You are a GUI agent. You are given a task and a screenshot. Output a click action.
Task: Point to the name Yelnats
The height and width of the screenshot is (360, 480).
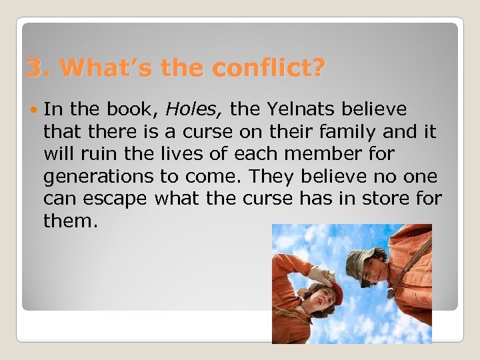297,109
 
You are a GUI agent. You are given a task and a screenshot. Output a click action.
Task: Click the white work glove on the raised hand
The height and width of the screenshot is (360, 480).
322,273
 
